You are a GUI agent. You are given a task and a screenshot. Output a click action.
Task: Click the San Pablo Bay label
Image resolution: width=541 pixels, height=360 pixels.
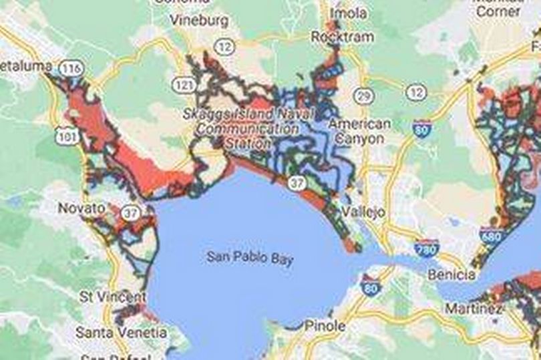pyautogui.click(x=249, y=258)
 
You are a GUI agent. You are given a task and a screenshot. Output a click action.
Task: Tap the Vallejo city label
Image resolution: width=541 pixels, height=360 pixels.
pyautogui.click(x=363, y=212)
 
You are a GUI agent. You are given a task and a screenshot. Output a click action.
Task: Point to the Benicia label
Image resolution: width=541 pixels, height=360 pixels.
pyautogui.click(x=452, y=275)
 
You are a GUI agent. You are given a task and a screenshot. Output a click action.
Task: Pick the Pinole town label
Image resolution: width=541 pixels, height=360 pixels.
pyautogui.click(x=325, y=327)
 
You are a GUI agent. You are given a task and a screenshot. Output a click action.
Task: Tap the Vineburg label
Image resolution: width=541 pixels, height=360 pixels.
pyautogui.click(x=199, y=20)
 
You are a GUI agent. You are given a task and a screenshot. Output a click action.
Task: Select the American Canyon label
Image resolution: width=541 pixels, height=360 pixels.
pyautogui.click(x=360, y=132)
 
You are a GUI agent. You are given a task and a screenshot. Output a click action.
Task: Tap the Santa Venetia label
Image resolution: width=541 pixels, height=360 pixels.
pyautogui.click(x=121, y=331)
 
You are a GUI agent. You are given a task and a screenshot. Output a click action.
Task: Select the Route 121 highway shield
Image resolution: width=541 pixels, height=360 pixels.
pyautogui.click(x=182, y=85)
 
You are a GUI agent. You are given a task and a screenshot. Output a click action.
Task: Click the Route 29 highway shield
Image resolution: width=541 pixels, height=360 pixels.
pyautogui.click(x=363, y=96)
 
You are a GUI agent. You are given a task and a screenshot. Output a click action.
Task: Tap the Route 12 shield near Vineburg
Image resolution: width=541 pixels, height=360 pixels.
pyautogui.click(x=225, y=46)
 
